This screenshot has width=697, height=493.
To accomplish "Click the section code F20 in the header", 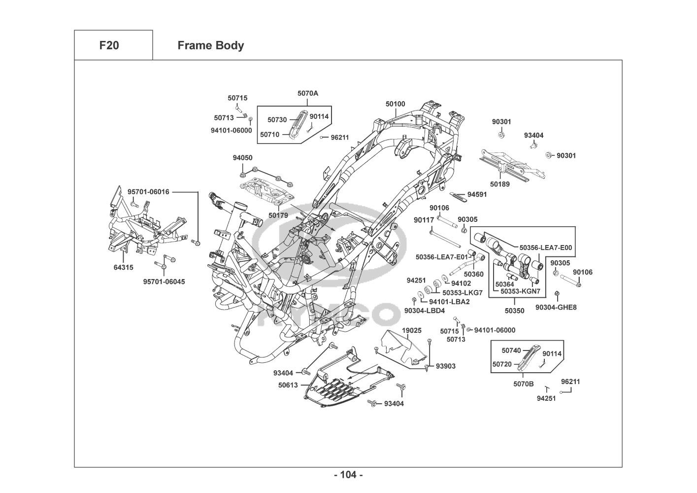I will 109,45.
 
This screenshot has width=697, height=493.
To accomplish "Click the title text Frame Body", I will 210,45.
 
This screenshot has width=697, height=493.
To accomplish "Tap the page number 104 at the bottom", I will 348,475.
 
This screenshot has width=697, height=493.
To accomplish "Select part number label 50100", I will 396,104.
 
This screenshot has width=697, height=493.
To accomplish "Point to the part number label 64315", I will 123,267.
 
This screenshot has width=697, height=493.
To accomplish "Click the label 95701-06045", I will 161,282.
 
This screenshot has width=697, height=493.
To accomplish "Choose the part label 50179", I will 278,215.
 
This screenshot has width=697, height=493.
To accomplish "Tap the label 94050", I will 242,158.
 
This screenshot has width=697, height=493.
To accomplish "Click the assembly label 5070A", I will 308,93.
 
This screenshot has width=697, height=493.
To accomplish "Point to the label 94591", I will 477,194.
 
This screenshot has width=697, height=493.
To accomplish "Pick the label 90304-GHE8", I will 556,307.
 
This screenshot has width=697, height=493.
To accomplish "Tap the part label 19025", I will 411,330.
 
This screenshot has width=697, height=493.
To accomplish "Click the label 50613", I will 288,385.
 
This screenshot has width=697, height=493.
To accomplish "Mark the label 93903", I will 446,366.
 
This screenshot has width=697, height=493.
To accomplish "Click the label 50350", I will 515,311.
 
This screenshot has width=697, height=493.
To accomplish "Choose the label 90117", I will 424,220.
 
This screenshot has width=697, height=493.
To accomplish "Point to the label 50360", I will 474,274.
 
